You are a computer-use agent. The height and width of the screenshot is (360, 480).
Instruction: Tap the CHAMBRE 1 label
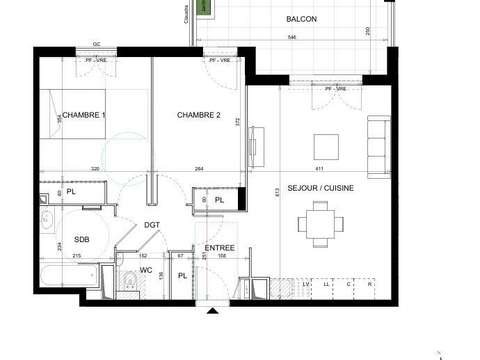tap(83, 116)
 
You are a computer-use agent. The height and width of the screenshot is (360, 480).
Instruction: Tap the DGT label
tap(152, 226)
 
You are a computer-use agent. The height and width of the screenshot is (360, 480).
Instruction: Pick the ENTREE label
tap(219, 248)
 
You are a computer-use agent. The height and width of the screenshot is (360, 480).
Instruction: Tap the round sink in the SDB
tap(47, 222)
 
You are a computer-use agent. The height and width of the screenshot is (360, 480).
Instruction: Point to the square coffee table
tap(327, 147)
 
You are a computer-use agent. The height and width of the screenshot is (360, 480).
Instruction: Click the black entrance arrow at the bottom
tap(212, 312)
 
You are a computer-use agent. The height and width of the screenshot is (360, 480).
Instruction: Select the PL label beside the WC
tap(182, 275)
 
